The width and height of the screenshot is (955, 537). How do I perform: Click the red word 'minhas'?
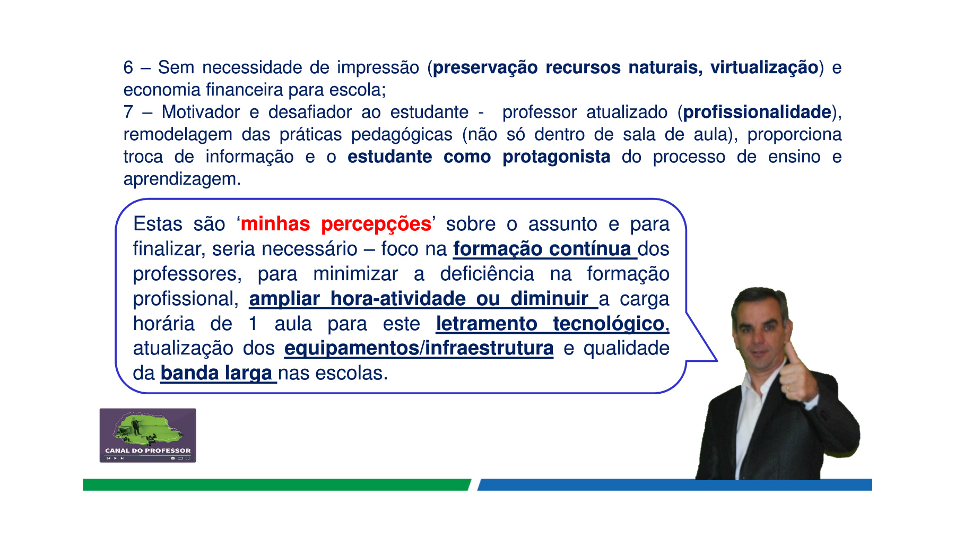click(x=275, y=224)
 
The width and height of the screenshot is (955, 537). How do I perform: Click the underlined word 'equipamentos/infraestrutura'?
click(x=419, y=349)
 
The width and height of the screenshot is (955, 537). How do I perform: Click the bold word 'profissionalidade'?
click(x=757, y=112)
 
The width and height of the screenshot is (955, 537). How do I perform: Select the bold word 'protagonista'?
click(x=556, y=157)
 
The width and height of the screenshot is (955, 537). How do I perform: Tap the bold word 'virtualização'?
click(x=764, y=68)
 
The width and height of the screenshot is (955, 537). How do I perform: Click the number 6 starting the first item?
click(x=128, y=67)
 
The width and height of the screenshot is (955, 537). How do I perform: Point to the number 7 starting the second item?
click(x=128, y=112)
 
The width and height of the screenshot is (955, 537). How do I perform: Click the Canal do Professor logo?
click(x=148, y=435)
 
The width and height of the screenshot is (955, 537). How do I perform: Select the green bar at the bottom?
click(x=276, y=484)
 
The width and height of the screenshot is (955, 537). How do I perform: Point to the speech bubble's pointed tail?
click(x=716, y=360)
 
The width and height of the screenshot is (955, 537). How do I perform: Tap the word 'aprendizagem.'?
click(x=182, y=179)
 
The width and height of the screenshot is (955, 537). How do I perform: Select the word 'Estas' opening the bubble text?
click(x=158, y=224)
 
